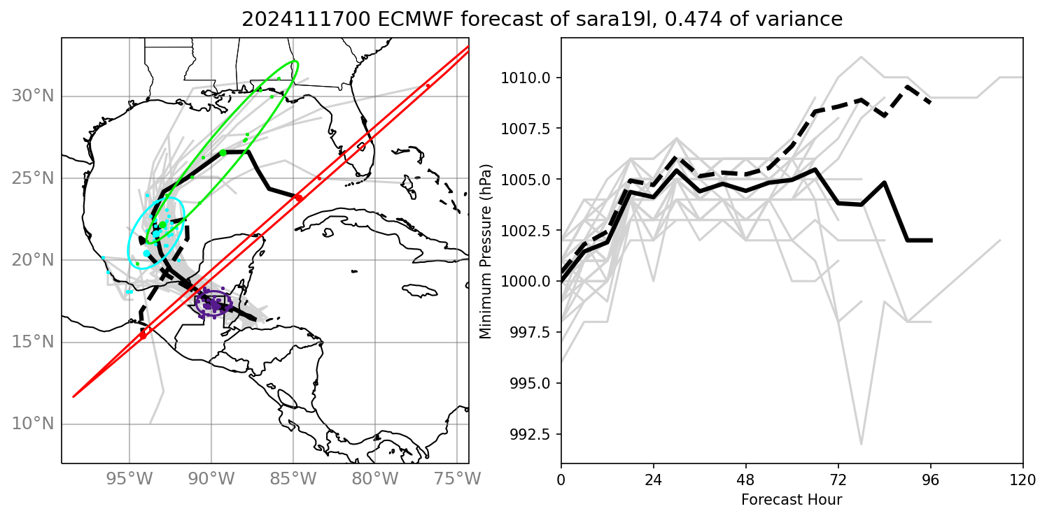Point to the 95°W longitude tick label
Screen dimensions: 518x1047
(129, 480)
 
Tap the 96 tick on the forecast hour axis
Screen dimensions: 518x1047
(931, 481)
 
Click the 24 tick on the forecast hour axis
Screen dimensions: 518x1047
(654, 481)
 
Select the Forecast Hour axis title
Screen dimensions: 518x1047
(792, 500)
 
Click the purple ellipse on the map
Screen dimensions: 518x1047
(213, 303)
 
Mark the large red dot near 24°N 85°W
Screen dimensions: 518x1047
(299, 198)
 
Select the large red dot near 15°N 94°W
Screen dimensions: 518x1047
(143, 336)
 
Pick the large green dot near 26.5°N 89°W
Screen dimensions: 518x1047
(223, 152)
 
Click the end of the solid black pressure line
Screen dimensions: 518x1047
(931, 240)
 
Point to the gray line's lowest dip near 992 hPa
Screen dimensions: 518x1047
(861, 444)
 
